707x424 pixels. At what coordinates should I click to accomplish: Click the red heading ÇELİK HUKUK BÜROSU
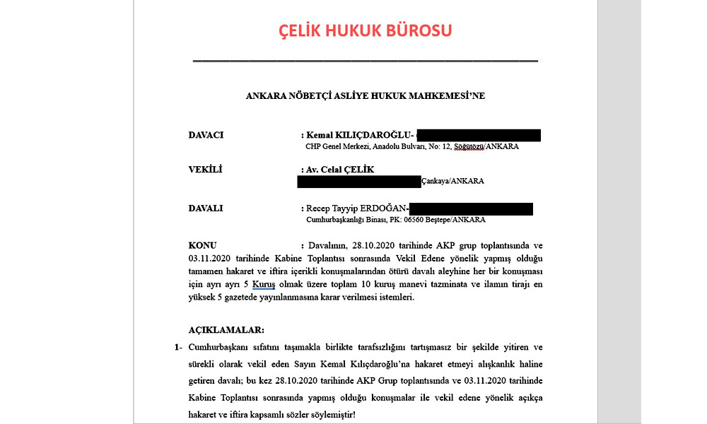click(x=365, y=31)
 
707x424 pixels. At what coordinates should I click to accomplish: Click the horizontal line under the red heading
click(x=365, y=61)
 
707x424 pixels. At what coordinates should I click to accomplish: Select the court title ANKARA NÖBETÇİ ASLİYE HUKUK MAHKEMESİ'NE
click(x=365, y=95)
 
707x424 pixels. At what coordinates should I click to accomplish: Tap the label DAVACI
click(x=206, y=135)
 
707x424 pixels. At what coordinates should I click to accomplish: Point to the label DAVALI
click(x=206, y=208)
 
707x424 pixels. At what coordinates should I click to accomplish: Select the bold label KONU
click(x=203, y=245)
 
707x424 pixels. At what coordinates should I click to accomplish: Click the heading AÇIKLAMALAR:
click(x=226, y=330)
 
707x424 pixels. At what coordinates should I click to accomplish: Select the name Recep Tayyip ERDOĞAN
click(x=357, y=208)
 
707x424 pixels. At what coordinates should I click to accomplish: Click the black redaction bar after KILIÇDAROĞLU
click(x=479, y=135)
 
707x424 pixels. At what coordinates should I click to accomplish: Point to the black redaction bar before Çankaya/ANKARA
click(x=359, y=181)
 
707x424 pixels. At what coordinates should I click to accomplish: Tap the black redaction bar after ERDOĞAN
click(x=471, y=208)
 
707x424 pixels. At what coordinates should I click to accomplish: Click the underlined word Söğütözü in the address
click(x=464, y=147)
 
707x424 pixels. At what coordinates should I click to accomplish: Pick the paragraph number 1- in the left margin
click(x=177, y=348)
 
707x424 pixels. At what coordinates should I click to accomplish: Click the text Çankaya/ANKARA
click(x=453, y=181)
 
